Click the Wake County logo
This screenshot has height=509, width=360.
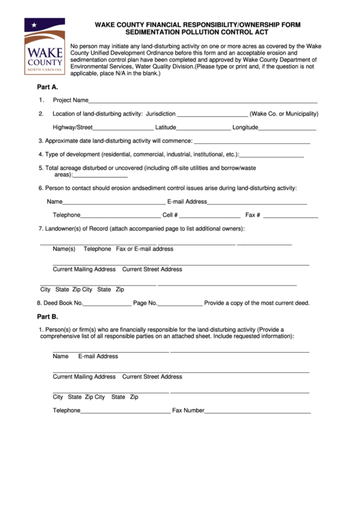coord(45,46)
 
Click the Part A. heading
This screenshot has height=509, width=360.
coord(47,87)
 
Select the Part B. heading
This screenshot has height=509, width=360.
coord(47,317)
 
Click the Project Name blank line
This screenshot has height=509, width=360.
coord(203,101)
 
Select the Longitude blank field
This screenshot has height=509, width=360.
coord(287,128)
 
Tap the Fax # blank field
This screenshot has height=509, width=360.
coord(290,216)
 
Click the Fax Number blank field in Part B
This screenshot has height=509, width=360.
coord(257,412)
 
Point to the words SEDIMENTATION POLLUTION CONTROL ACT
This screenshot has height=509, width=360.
coord(197,32)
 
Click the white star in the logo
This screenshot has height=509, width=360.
coord(34,26)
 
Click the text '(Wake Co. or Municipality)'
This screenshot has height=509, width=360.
coord(284,113)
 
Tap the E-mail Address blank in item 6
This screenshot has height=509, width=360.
coord(257,203)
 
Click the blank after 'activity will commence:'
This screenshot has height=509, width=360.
coord(252,142)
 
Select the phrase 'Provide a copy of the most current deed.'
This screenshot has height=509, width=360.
coord(257,303)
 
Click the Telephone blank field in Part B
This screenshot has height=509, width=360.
coord(126,412)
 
